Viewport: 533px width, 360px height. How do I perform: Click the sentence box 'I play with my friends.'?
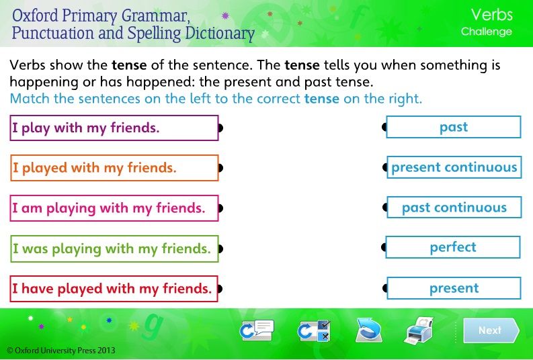114,128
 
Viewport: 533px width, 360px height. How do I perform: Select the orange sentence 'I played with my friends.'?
114,168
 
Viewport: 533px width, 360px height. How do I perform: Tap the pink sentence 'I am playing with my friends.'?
114,208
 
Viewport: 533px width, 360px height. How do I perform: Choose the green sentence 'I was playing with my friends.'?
114,249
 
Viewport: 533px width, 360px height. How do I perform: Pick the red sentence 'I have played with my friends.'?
114,289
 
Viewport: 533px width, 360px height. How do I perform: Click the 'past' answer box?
454,127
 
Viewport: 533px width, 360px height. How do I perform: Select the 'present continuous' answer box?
454,167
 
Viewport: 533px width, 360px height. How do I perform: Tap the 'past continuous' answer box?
454,207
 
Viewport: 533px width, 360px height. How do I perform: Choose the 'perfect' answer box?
453,247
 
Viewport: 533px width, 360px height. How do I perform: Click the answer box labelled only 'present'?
454,288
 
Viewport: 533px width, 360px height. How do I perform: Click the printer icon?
420,330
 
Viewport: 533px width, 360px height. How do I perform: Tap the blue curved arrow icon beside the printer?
368,330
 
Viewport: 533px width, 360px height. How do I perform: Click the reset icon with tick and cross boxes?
314,330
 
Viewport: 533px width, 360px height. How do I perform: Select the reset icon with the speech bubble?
257,330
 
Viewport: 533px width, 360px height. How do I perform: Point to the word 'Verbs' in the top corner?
491,15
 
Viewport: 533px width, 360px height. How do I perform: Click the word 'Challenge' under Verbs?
487,32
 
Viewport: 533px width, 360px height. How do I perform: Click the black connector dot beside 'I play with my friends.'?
220,128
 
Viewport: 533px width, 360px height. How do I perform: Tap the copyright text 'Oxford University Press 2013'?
61,351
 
